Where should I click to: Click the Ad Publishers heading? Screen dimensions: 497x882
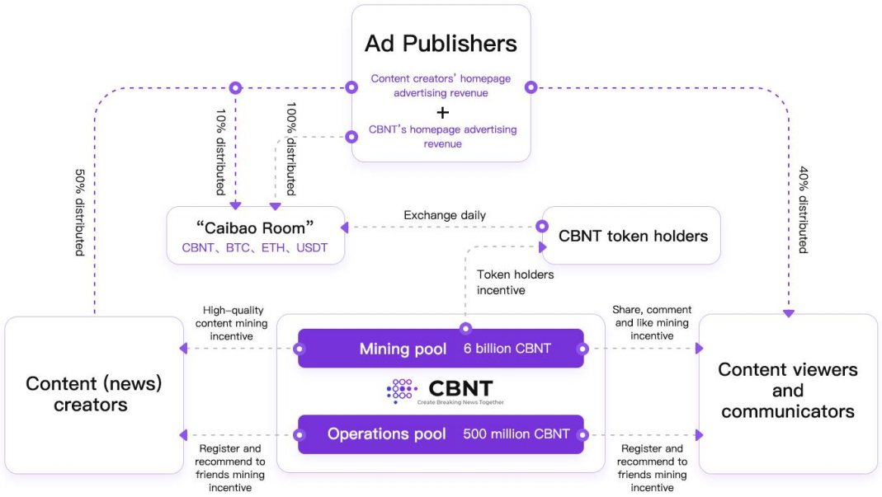click(441, 43)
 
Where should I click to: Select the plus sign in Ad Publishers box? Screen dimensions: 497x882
click(441, 112)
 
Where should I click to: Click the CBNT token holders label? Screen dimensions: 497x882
click(633, 236)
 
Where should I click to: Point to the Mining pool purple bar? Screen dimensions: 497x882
click(441, 349)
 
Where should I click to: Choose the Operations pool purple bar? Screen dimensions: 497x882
click(441, 434)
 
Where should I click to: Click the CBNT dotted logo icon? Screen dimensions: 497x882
click(402, 391)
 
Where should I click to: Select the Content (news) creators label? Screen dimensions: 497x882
click(93, 393)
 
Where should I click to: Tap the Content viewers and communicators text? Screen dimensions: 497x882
click(787, 390)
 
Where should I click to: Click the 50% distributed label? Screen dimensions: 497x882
click(79, 213)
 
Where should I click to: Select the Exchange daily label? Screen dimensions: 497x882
click(444, 215)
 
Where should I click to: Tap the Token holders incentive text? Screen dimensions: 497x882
click(515, 282)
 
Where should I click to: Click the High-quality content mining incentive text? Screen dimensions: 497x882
click(225, 323)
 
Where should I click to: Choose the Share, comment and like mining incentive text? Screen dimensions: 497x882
click(652, 322)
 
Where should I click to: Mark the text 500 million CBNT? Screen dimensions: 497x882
click(516, 434)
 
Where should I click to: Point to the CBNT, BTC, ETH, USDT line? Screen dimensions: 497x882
click(254, 247)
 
